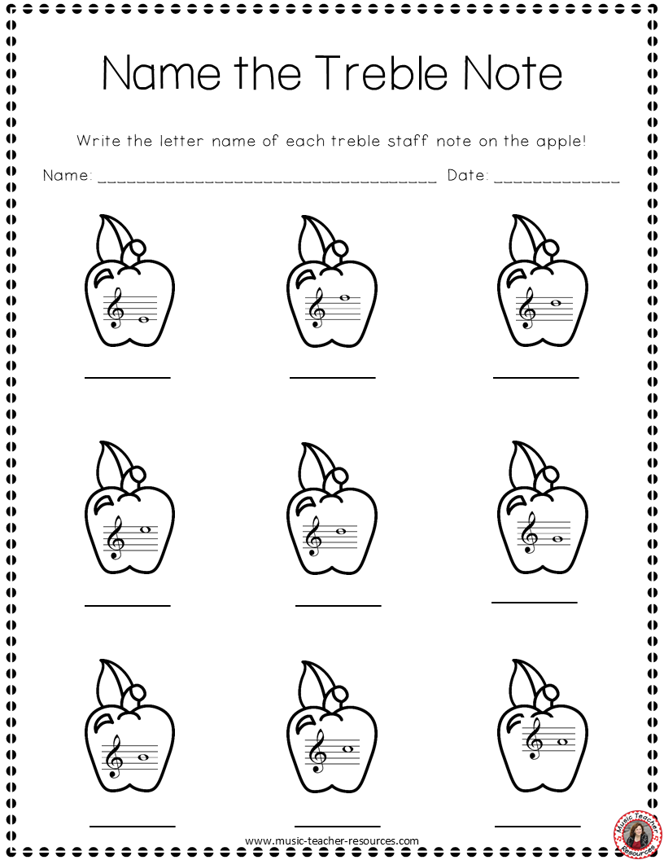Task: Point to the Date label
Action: pos(467,175)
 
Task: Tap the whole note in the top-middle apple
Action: pos(345,298)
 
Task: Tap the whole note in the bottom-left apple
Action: pos(143,757)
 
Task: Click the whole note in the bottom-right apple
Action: pos(561,742)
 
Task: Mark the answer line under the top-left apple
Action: pos(128,377)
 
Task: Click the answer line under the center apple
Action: pos(338,606)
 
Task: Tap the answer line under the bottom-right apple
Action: pos(537,825)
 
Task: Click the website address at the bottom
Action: pos(331,840)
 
